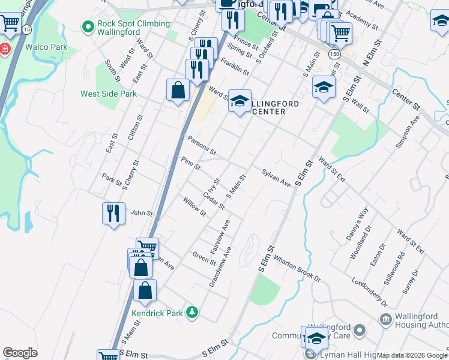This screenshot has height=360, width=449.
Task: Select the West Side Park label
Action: pos(109,94)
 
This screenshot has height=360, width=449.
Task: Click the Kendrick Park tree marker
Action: pos(192,312)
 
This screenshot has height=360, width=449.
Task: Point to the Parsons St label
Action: pos(201,145)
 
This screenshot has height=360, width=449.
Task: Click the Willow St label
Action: pos(194,207)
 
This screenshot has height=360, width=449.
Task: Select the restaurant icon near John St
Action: pos(113,213)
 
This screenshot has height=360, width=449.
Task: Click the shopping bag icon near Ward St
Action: pos(179,91)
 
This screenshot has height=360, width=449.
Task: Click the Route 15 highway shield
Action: pos(28,29)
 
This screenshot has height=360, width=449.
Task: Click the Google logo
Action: pos(20,353)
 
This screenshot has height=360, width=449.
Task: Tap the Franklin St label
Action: pos(235,65)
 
